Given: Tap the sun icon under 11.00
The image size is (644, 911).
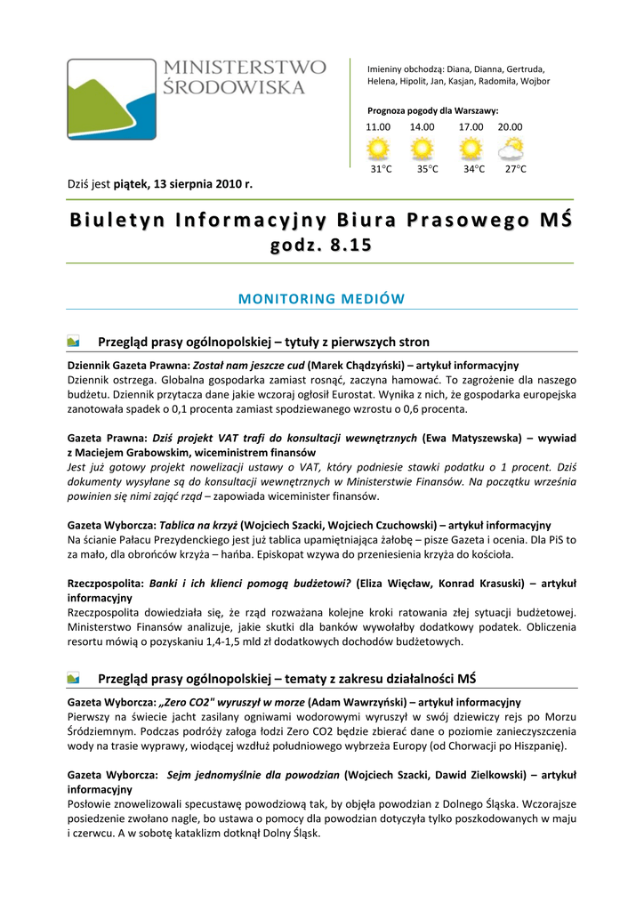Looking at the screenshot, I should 379,148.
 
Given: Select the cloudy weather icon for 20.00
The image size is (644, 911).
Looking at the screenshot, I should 511,148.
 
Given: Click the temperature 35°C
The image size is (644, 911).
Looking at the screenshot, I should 427,169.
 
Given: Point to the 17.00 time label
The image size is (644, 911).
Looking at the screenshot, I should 471,127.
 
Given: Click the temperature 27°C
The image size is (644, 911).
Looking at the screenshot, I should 515,169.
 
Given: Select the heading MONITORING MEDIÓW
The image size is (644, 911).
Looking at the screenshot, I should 321,299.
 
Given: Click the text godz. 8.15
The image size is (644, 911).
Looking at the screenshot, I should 321,246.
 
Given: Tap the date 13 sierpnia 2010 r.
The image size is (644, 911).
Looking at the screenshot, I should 203,185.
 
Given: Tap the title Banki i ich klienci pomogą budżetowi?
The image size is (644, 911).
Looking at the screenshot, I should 250,584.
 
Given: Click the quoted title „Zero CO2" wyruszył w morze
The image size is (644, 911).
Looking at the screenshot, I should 231,702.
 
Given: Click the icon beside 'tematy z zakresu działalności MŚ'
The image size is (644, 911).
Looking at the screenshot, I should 74,679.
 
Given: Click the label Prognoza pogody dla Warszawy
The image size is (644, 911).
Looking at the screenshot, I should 432,110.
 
